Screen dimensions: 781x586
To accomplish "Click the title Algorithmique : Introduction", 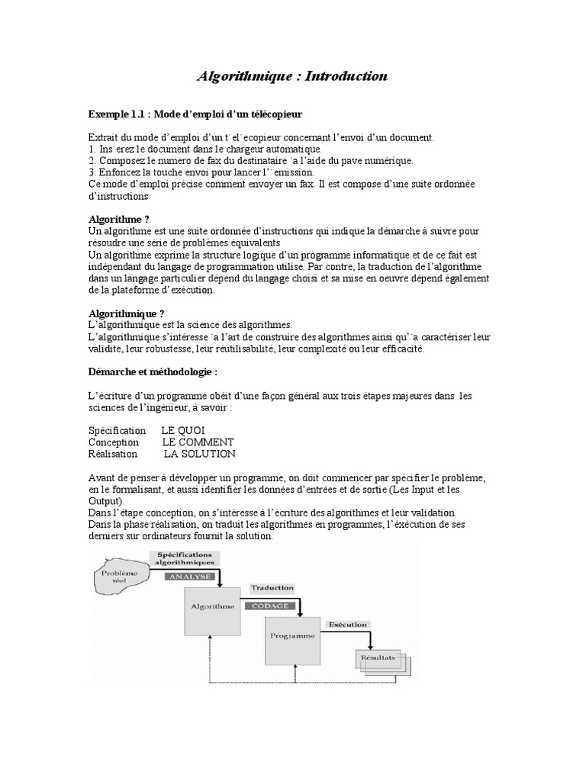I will [x=293, y=76].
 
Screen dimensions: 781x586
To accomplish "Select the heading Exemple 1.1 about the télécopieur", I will [x=195, y=114].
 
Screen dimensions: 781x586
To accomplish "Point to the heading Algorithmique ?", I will [x=126, y=313].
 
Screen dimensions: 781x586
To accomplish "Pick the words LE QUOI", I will [x=183, y=431].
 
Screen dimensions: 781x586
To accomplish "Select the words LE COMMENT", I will [x=198, y=442].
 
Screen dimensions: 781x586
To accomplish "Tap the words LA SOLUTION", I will [x=200, y=454].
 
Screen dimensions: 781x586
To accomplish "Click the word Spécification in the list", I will [x=117, y=431].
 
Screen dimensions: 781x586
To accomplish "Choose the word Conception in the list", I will [x=114, y=442].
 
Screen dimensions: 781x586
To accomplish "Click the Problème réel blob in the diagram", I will [x=120, y=576].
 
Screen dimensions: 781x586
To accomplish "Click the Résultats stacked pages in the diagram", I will [x=385, y=661].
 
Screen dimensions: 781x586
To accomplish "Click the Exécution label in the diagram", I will [x=348, y=625].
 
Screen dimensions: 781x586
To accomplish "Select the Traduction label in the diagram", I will [x=272, y=588].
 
